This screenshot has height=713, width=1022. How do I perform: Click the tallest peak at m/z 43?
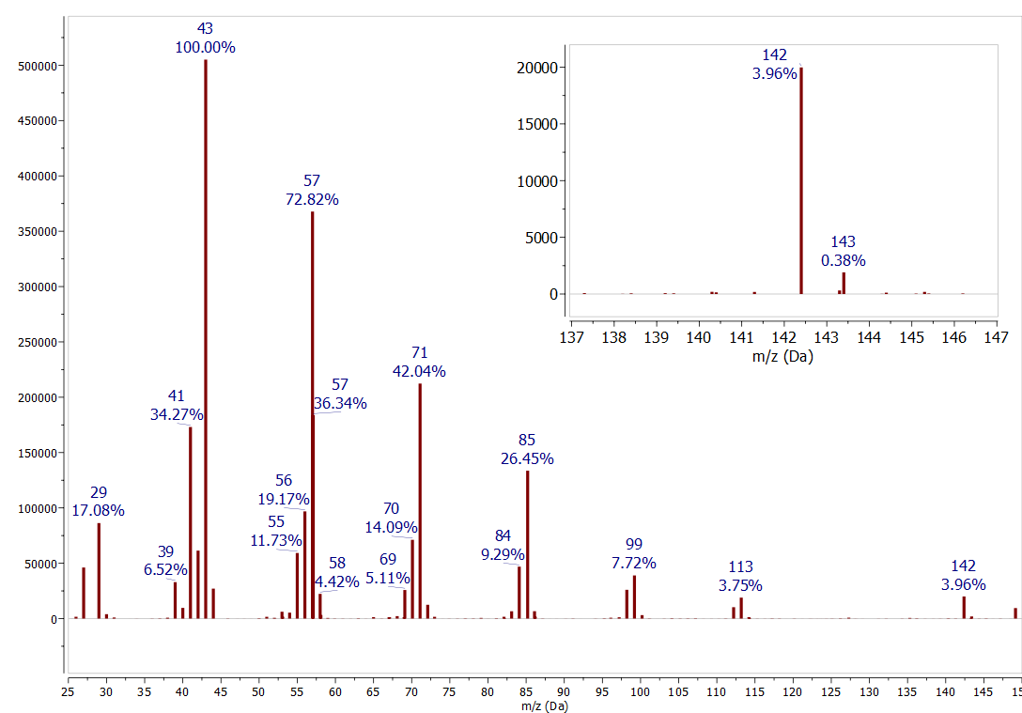tap(206, 338)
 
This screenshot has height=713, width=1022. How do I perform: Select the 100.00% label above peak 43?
tap(205, 47)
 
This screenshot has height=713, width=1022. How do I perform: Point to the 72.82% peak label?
tap(312, 199)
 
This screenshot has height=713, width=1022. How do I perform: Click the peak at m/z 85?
tap(527, 544)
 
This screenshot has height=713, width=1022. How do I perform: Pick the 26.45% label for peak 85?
tap(527, 458)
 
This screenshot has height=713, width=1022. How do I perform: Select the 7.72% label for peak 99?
tap(634, 563)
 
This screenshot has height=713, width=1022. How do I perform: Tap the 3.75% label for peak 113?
tap(740, 585)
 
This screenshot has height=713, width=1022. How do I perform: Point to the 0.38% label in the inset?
tap(844, 260)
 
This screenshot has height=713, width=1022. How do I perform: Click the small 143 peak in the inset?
tap(844, 283)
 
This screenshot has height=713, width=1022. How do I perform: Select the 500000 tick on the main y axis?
tap(39, 66)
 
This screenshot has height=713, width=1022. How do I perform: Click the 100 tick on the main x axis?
tap(641, 692)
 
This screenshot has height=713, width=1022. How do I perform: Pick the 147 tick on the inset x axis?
tap(997, 336)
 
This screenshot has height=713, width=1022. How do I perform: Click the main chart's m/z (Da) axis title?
tap(544, 705)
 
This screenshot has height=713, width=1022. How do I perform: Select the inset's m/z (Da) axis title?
tap(783, 356)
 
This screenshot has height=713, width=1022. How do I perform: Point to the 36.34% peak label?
tap(340, 403)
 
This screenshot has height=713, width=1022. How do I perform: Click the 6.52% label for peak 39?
tap(165, 569)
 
